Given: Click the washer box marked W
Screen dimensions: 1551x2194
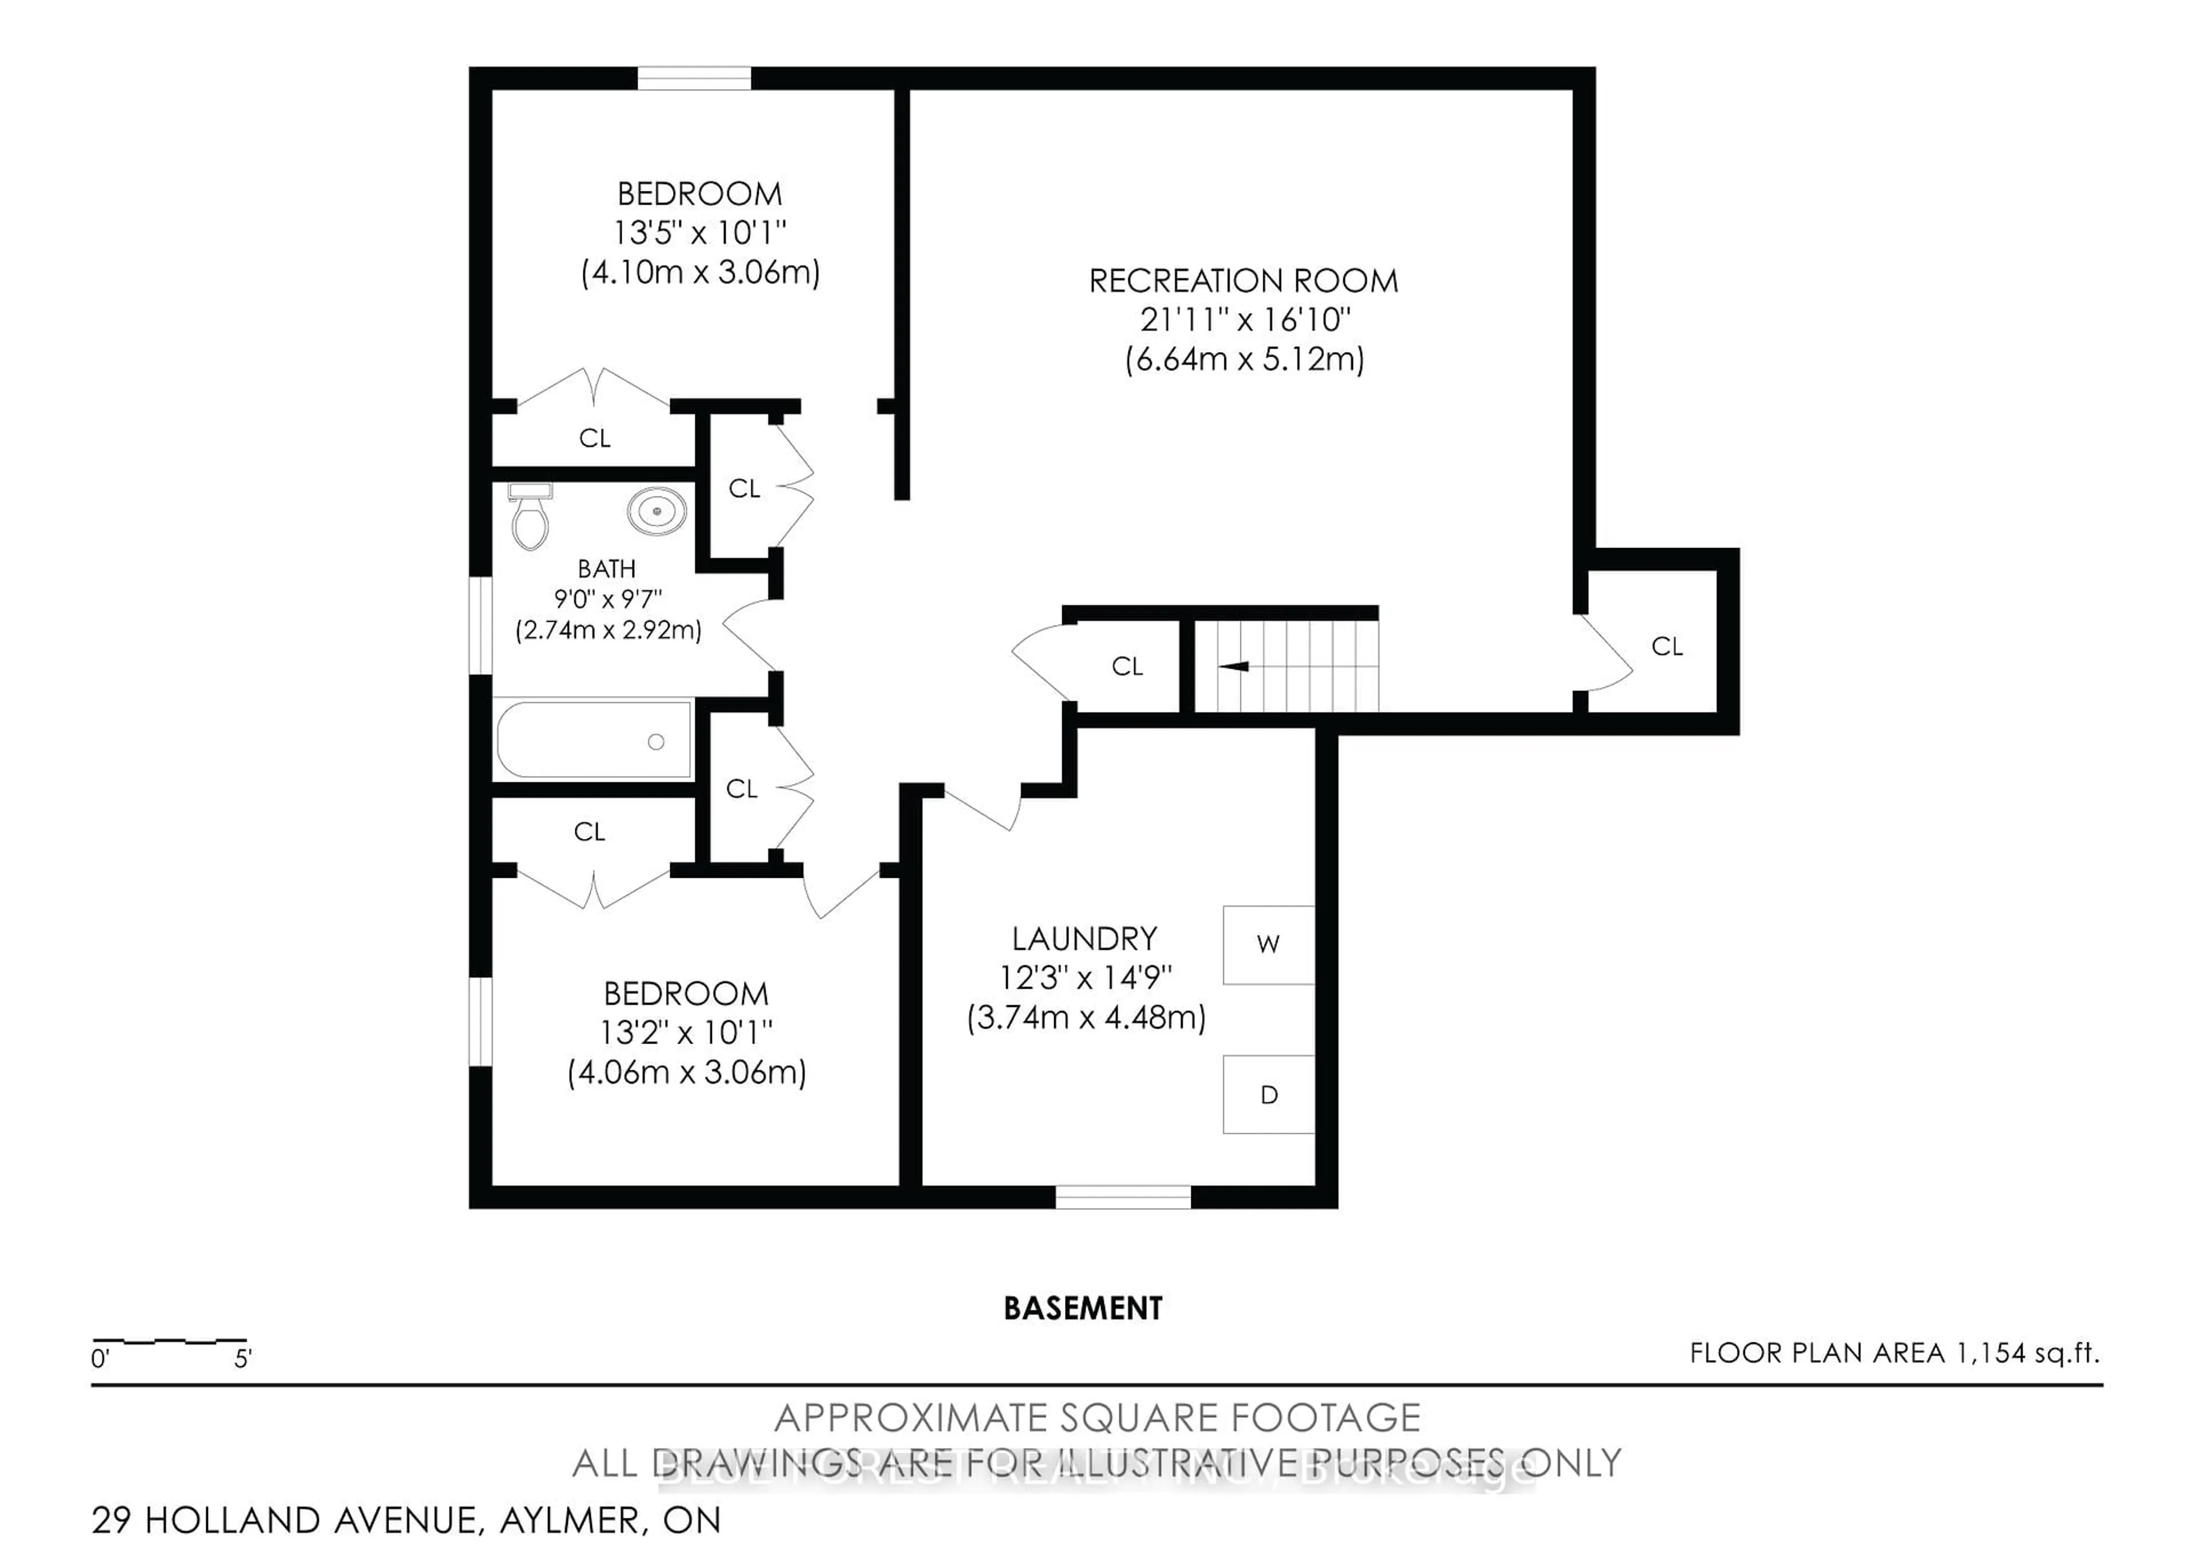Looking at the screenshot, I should click(x=1268, y=944).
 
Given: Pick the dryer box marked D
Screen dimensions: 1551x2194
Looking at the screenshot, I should click(x=1268, y=1094).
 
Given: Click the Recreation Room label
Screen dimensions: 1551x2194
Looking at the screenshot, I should click(x=1243, y=281).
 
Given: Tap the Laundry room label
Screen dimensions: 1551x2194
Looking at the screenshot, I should click(x=1084, y=938).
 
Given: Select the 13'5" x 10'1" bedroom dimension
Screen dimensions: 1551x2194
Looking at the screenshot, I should click(x=699, y=232).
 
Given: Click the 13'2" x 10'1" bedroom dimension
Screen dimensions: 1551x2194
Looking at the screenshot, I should click(x=686, y=1032).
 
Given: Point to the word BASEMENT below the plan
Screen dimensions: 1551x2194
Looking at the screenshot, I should click(x=1083, y=1308).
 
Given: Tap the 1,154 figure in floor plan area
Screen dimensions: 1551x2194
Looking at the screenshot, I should click(x=1991, y=1353).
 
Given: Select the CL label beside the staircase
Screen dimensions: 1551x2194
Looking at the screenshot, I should click(x=1128, y=666).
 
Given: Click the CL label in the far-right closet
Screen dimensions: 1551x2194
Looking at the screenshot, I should click(x=1667, y=647).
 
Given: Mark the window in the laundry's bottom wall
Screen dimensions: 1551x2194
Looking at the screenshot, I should click(x=1123, y=1197).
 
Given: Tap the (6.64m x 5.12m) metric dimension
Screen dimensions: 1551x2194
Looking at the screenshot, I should click(x=1244, y=360).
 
